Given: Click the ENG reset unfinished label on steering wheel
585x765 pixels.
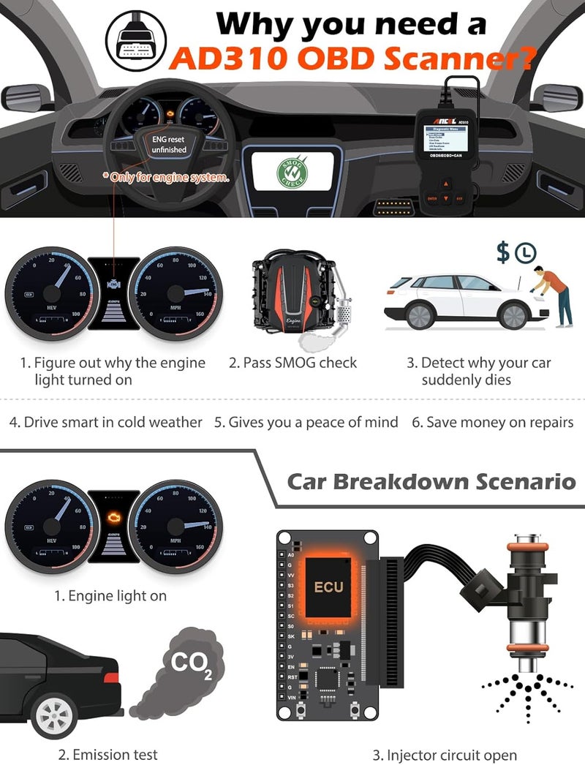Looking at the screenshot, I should tap(169, 143).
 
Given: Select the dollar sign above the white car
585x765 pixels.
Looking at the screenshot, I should tap(503, 253).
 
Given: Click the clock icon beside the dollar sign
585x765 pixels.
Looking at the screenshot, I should tap(525, 253).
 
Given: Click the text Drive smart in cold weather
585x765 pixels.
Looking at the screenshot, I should tap(105, 422).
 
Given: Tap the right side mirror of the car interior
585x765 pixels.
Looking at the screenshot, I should tap(557, 97).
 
